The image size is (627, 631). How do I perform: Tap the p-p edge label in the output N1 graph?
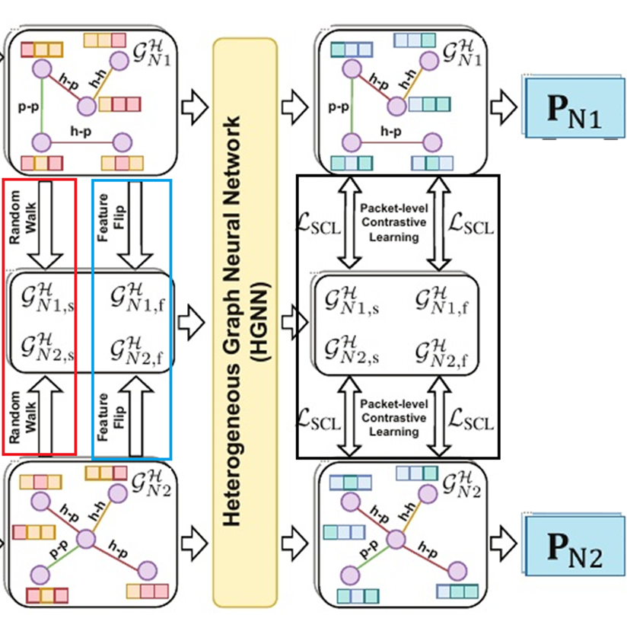tap(339, 107)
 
